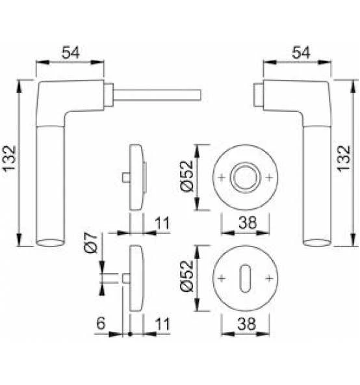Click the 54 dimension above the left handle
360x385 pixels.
[x=70, y=52]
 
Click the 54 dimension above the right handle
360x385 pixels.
[x=301, y=52]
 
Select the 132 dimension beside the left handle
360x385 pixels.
[x=9, y=159]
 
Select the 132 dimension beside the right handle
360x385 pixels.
[x=344, y=159]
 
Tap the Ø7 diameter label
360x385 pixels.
[x=91, y=243]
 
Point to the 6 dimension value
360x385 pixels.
[x=101, y=323]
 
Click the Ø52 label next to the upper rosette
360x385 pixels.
[x=187, y=176]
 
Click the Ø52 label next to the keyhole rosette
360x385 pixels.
[x=187, y=276]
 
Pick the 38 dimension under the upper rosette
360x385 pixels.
[x=248, y=222]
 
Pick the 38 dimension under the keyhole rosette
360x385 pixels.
[x=247, y=324]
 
